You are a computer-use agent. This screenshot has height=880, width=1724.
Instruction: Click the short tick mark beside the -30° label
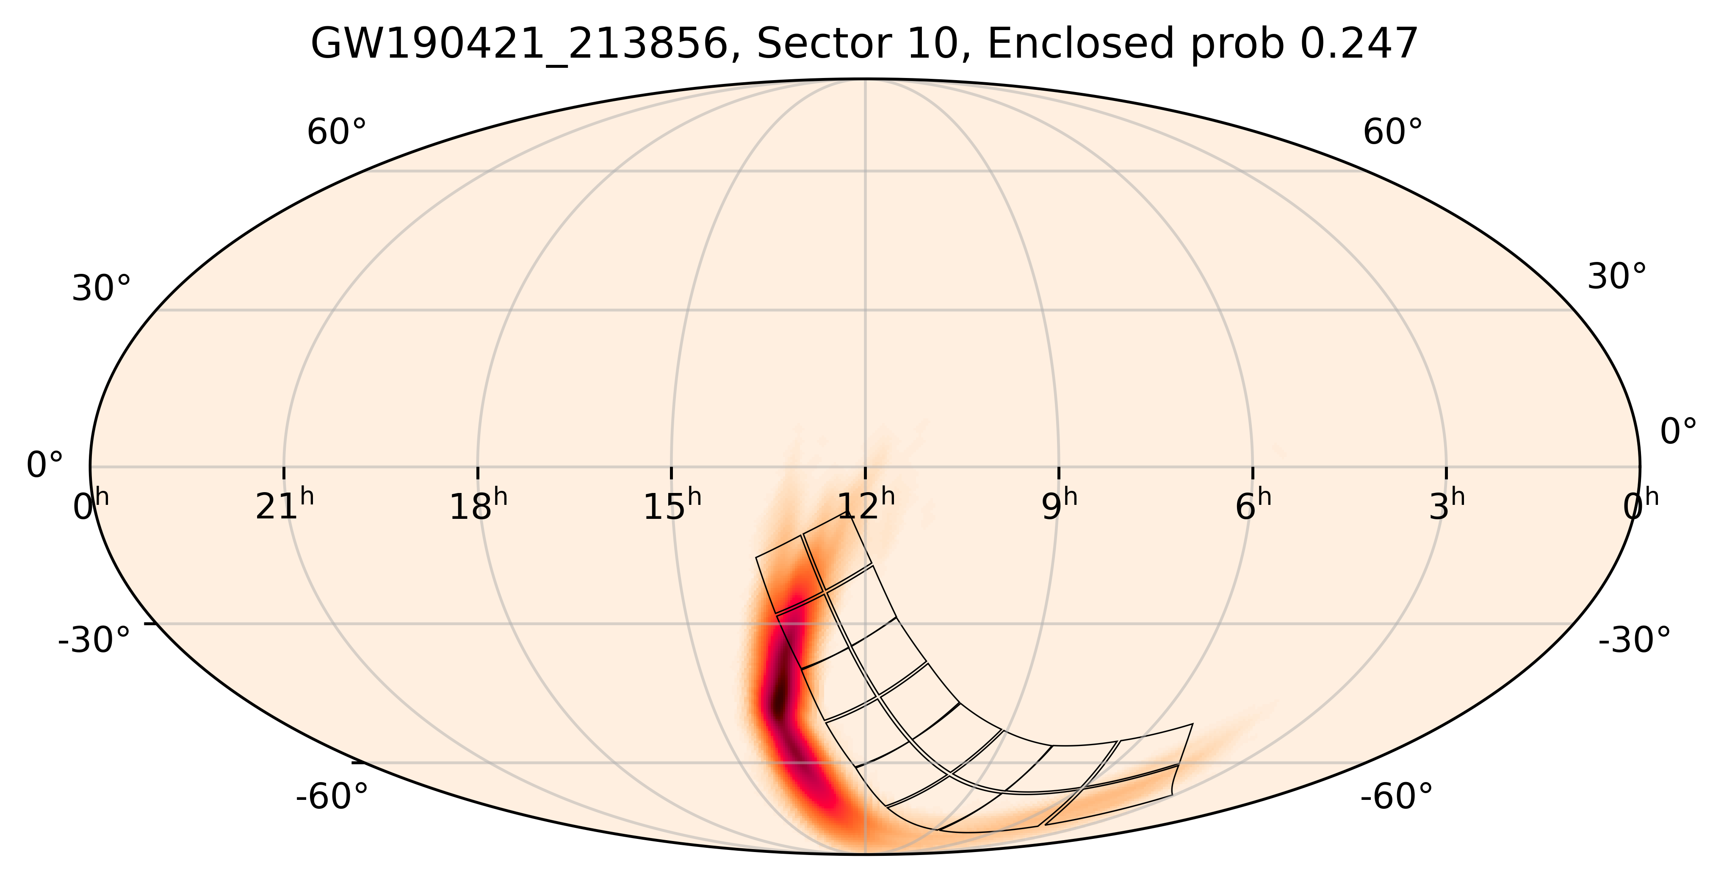click(x=151, y=624)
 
